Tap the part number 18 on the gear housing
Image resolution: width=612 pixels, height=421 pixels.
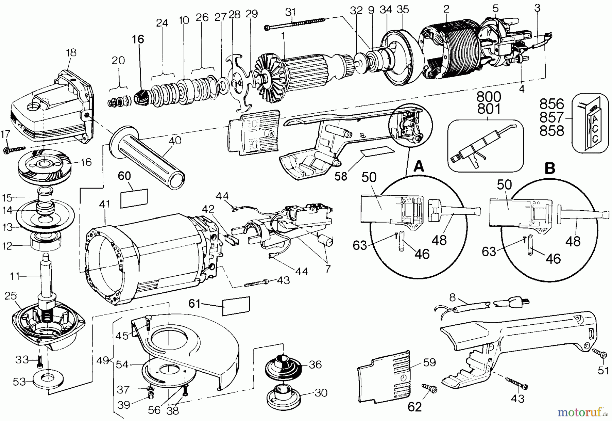pos(71,53)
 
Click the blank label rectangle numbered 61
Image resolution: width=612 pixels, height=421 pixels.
pos(236,306)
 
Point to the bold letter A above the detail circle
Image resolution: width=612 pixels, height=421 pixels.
pos(419,167)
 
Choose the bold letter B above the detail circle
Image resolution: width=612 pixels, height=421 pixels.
pos(550,168)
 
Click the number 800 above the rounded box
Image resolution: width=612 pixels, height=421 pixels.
pos(489,97)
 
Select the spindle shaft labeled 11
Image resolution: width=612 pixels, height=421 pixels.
pos(46,277)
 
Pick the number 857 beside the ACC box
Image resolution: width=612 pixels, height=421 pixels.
pos(551,117)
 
